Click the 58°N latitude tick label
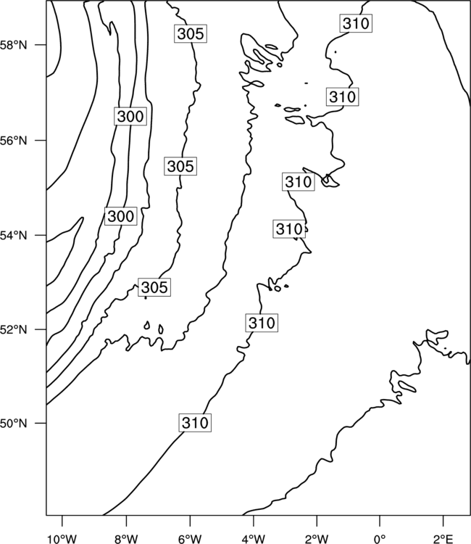(13, 45)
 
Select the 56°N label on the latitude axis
(13, 141)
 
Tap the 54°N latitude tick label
(13, 236)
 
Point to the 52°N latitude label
(13, 329)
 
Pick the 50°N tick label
(13, 424)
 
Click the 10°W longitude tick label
(62, 539)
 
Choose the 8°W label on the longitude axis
(126, 539)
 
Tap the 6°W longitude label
(190, 539)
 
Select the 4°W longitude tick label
(254, 539)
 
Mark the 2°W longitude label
(317, 539)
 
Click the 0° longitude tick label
(380, 539)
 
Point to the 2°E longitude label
(443, 539)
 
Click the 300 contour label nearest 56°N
(130, 116)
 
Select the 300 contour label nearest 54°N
(120, 216)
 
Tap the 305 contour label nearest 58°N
(191, 33)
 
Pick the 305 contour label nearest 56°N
(180, 166)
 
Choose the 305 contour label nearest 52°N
(154, 287)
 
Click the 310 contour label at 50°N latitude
(195, 423)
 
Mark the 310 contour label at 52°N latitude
(262, 323)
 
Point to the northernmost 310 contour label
(356, 24)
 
